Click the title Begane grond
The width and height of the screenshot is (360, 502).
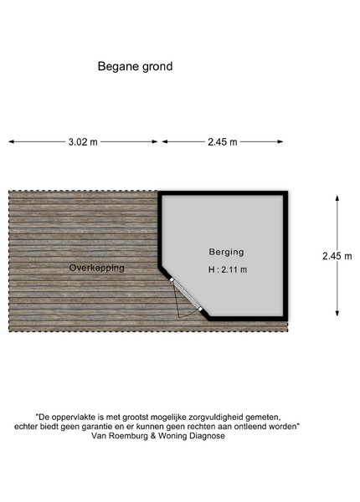pos(135,67)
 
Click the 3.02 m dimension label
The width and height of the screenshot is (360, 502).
pos(83,142)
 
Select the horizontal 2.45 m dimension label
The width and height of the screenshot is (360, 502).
pos(222,142)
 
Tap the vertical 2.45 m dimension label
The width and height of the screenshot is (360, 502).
pos(337,256)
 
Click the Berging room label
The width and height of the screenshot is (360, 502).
pos(226,252)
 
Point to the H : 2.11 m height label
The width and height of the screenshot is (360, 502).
pos(228,269)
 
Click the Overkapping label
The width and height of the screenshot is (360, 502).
pos(97,268)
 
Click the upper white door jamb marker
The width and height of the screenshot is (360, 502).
pos(172,279)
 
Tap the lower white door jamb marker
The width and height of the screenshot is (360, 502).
pos(200,309)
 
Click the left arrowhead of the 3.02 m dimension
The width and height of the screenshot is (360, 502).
pos(11,141)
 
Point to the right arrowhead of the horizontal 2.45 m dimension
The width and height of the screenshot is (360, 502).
pos(280,141)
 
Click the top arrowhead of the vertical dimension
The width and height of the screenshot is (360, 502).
pos(337,198)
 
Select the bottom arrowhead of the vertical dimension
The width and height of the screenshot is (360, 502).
pos(337,313)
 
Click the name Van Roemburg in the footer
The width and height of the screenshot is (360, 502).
pos(120,436)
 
